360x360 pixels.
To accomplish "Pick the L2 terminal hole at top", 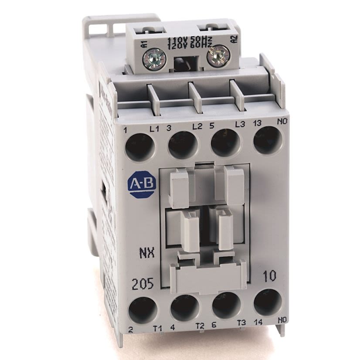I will pos(183,145).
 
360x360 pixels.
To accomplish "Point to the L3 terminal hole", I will pos(225,143).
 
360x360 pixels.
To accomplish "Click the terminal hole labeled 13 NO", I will pos(267,140).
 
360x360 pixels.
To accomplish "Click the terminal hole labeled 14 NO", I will pos(267,302).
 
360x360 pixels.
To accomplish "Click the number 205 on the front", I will pos(142,285).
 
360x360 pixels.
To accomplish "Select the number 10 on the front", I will pos(269,276).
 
